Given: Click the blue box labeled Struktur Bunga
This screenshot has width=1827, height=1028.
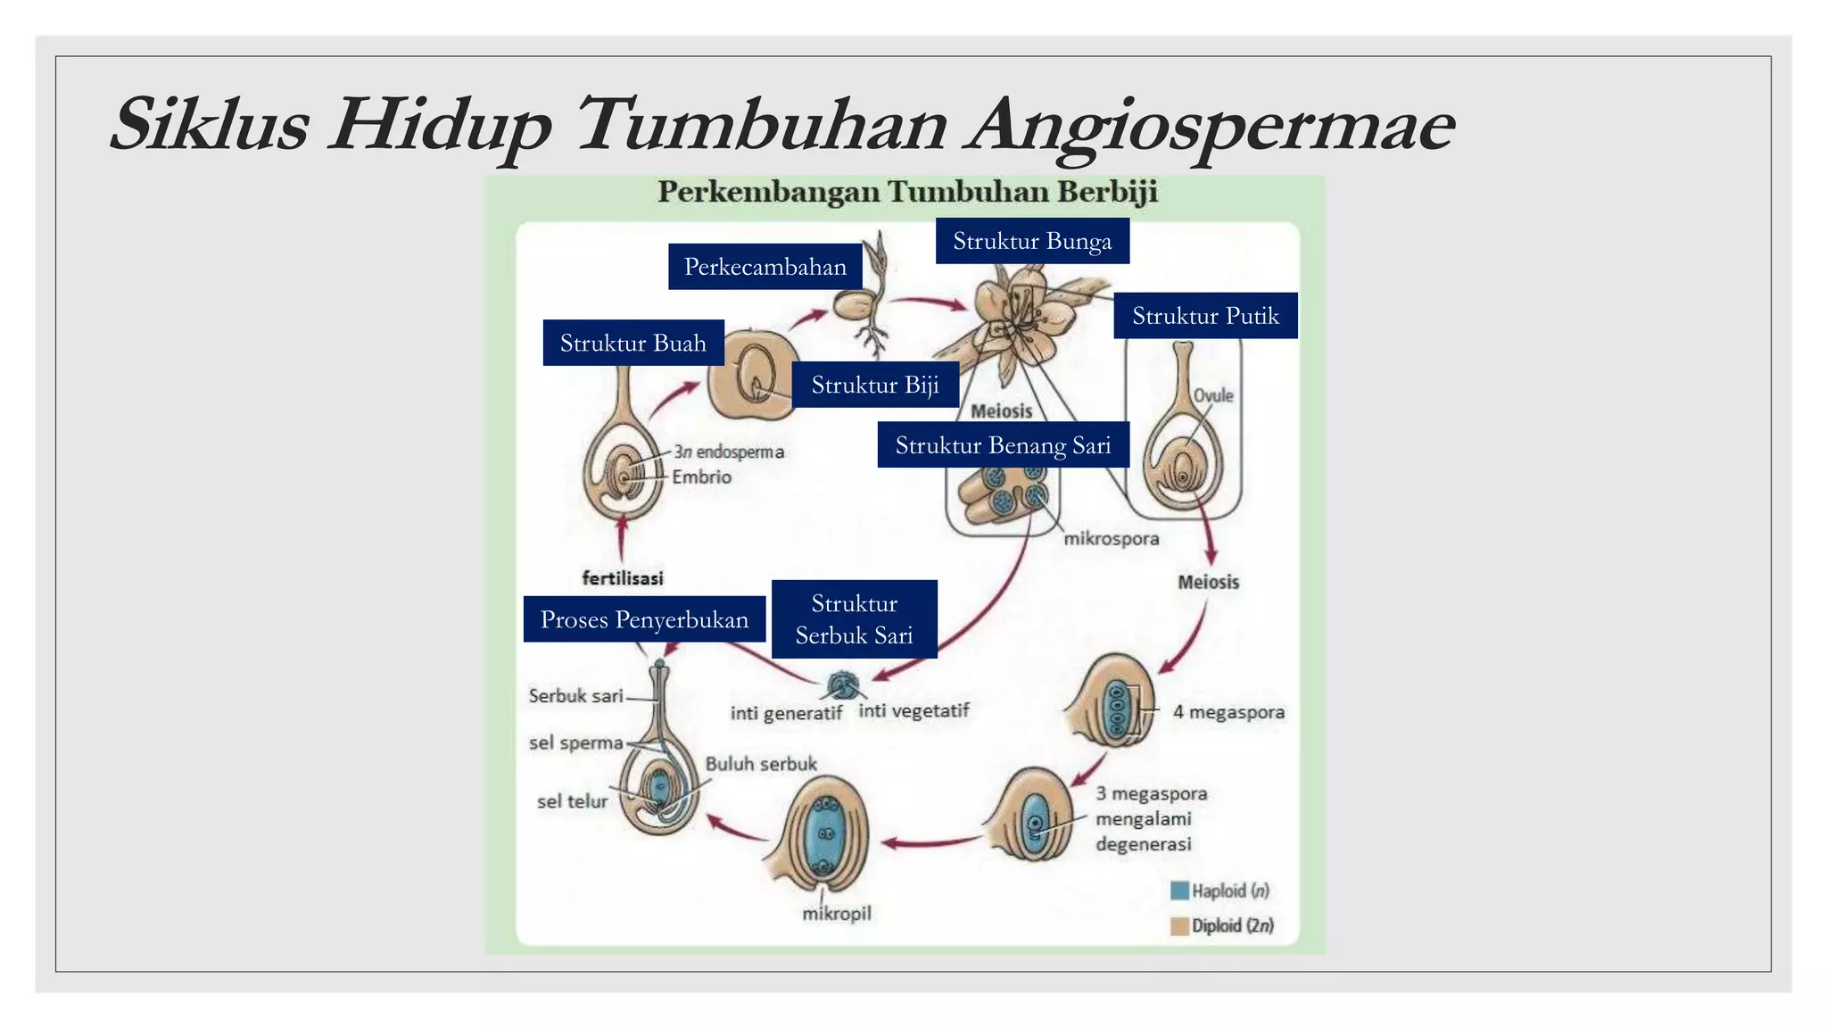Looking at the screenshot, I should [x=1032, y=241].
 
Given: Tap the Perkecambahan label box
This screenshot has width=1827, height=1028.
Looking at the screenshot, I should [x=765, y=267].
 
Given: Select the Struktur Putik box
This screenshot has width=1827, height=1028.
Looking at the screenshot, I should [x=1205, y=316].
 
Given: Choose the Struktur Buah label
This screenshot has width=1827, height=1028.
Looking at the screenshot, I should [x=632, y=343].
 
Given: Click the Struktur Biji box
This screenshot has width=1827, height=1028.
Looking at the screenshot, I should [x=875, y=385].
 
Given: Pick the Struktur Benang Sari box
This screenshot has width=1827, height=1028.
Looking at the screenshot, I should [x=1003, y=445].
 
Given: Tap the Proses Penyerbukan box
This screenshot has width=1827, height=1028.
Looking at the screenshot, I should [x=644, y=619].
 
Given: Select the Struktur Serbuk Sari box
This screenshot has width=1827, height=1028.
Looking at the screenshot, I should [x=854, y=619].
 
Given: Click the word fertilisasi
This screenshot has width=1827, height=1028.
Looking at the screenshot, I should [x=623, y=578].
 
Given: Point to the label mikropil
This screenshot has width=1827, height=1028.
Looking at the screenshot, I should [x=836, y=914].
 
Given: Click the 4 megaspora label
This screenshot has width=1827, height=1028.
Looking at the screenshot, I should [x=1228, y=712].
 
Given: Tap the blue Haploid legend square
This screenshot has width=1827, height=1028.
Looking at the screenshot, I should [x=1179, y=891].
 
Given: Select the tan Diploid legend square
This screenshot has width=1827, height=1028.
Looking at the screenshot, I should [x=1179, y=926].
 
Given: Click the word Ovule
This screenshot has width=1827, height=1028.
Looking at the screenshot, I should [x=1213, y=395].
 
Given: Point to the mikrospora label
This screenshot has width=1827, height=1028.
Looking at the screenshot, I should [x=1112, y=539].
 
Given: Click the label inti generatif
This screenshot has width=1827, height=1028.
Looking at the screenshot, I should [x=786, y=713].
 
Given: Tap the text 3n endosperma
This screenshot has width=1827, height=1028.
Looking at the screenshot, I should [x=729, y=452].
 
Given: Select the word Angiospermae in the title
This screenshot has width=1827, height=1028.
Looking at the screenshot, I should [x=1212, y=125].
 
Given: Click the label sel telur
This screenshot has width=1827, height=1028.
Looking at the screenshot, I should [x=572, y=801].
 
